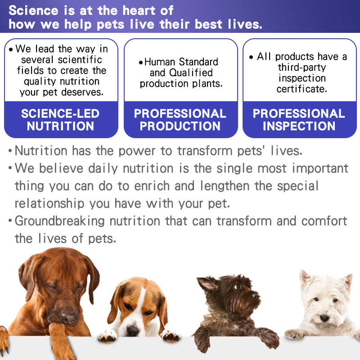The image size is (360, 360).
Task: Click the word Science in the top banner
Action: click(x=33, y=10)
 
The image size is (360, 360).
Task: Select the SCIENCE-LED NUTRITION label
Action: click(x=60, y=120)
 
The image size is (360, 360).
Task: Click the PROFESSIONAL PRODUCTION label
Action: click(x=180, y=120)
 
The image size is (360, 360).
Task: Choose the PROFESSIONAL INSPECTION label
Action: click(x=299, y=120)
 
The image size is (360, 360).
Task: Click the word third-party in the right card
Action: click(x=301, y=67)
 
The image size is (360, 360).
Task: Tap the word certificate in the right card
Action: click(x=301, y=89)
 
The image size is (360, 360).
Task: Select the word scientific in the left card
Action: click(x=80, y=60)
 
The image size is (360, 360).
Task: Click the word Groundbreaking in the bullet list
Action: click(x=60, y=221)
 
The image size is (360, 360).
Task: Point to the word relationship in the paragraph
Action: click(x=49, y=204)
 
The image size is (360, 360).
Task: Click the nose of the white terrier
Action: click(x=324, y=318)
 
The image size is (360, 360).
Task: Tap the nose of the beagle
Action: click(x=133, y=331)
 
